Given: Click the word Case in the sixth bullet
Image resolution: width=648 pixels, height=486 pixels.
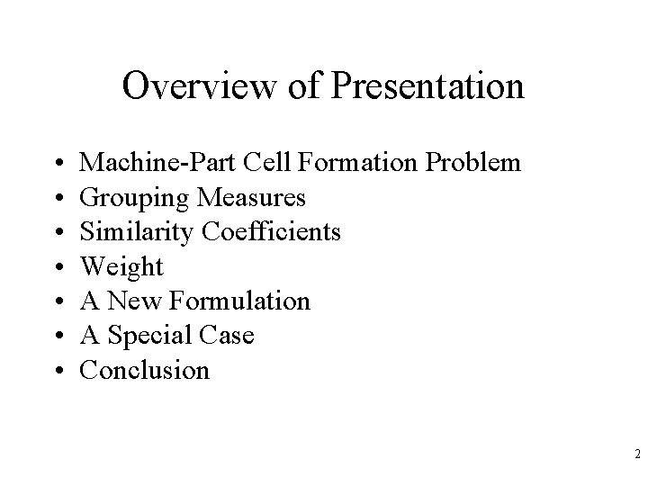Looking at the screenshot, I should click(x=229, y=336).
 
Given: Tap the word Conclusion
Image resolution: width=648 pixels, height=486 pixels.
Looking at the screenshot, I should click(x=145, y=370).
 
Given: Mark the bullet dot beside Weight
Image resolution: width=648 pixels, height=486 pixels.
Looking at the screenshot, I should click(x=58, y=267).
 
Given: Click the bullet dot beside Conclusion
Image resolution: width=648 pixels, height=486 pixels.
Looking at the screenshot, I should click(x=58, y=371).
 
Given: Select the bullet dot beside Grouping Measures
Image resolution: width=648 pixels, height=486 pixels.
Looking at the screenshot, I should click(x=58, y=198).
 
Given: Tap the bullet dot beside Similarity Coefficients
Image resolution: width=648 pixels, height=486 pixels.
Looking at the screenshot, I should click(x=58, y=233).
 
